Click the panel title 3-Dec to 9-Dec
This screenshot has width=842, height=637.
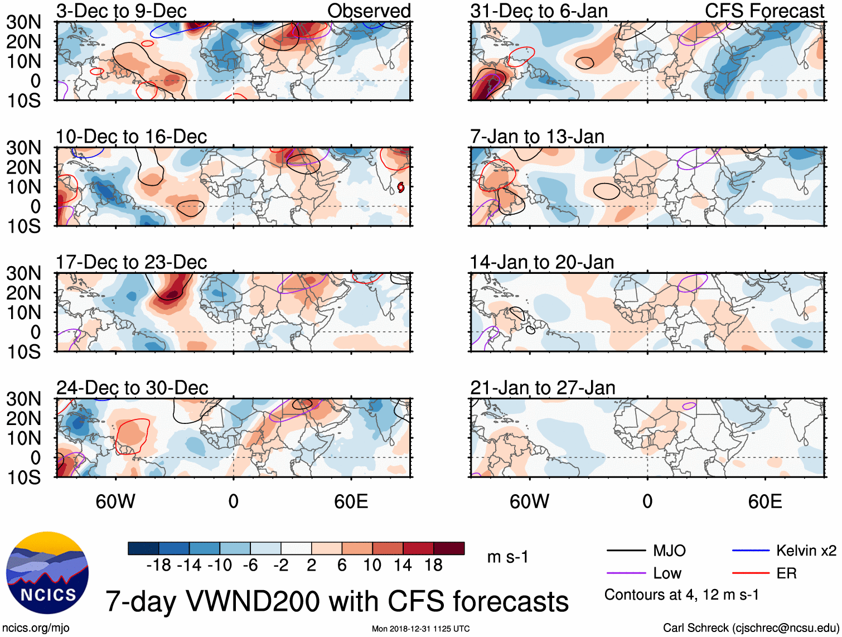click(x=121, y=11)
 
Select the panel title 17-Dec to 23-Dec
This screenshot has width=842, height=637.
click(x=131, y=262)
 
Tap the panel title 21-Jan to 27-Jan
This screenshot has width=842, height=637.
click(x=543, y=388)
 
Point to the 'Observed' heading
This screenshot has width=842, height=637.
click(x=369, y=11)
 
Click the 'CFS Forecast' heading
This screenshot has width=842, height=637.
click(x=764, y=11)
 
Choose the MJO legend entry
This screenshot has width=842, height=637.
click(x=669, y=551)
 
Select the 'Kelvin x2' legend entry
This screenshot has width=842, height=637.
click(x=806, y=551)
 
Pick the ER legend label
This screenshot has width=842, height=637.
click(x=786, y=573)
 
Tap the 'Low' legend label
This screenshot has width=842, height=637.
click(x=667, y=573)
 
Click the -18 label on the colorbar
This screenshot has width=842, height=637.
click(x=158, y=566)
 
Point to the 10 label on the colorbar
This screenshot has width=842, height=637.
click(x=372, y=566)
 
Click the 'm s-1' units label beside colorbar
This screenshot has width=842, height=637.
click(x=507, y=557)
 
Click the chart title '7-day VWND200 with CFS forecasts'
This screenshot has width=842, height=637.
click(x=337, y=601)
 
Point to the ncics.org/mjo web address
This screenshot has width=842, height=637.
click(x=36, y=628)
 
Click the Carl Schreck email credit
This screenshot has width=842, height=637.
click(x=751, y=628)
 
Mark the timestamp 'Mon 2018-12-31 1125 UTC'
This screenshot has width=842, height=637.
click(x=420, y=629)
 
